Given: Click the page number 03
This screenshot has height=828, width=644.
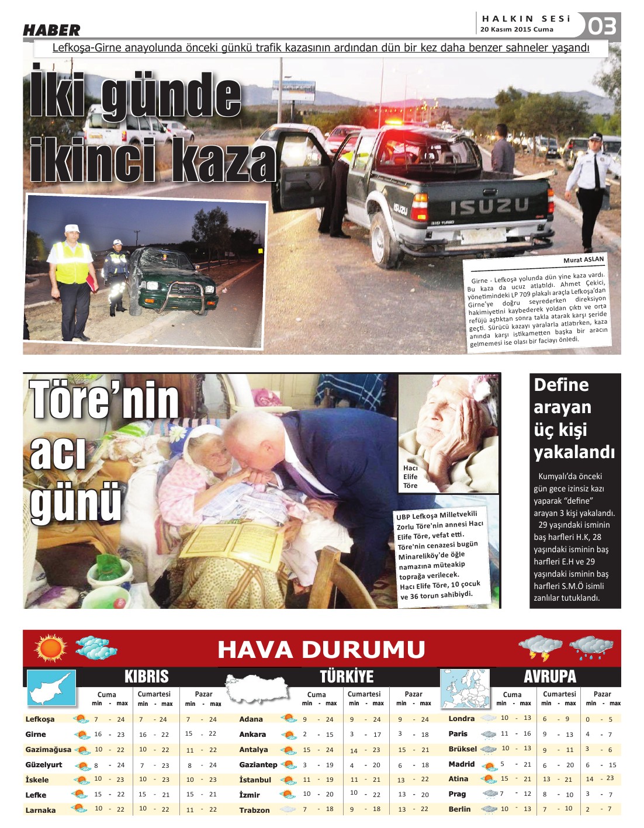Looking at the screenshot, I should pos(601,26).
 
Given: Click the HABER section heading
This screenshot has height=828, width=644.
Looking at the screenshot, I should pos(51,30).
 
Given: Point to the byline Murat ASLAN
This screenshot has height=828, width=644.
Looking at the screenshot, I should pos(583,259).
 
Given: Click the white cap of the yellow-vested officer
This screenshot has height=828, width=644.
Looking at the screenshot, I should pos(72,228).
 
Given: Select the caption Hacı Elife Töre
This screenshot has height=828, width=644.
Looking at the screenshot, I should pos(410,476).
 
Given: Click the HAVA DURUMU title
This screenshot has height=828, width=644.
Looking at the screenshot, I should pos(321,649).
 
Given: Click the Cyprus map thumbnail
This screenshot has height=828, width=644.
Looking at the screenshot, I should pos(51,688).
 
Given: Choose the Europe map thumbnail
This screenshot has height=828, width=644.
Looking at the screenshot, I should pos(465,688).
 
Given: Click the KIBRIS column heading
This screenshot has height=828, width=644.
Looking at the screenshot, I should pos(146,677).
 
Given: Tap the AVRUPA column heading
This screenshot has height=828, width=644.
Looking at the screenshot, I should pos(549,677).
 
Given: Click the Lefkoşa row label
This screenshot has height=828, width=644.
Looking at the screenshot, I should pos(40,719).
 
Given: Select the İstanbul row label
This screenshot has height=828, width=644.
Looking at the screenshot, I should pos(255,780).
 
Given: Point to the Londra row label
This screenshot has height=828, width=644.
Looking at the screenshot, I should pos(461,719).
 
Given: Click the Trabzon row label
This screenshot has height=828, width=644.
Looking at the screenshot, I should pos(254,810).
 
